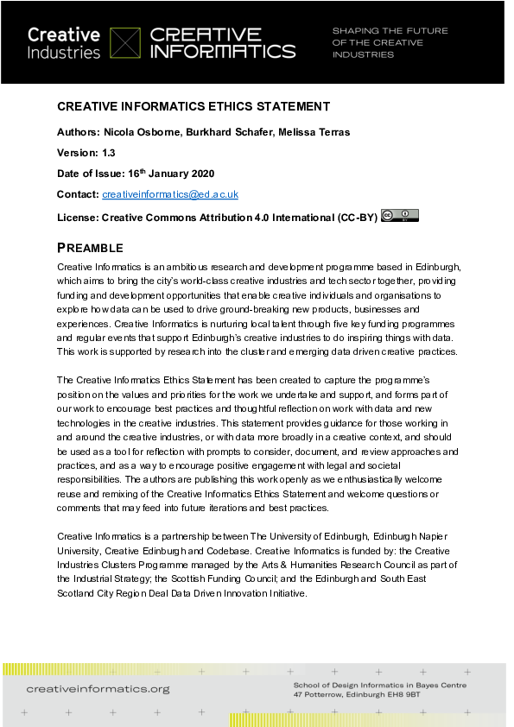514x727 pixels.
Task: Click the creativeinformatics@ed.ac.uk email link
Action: point(170,194)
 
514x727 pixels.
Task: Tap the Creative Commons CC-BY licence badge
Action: point(399,216)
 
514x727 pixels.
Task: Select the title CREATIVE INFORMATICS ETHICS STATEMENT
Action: point(193,106)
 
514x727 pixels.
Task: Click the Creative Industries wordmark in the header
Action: point(64,43)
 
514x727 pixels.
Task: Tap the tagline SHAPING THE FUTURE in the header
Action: point(390,31)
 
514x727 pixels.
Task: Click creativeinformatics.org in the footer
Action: point(98,689)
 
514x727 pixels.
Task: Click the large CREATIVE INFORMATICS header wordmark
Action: point(223,43)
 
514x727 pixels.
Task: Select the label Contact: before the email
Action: point(78,194)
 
